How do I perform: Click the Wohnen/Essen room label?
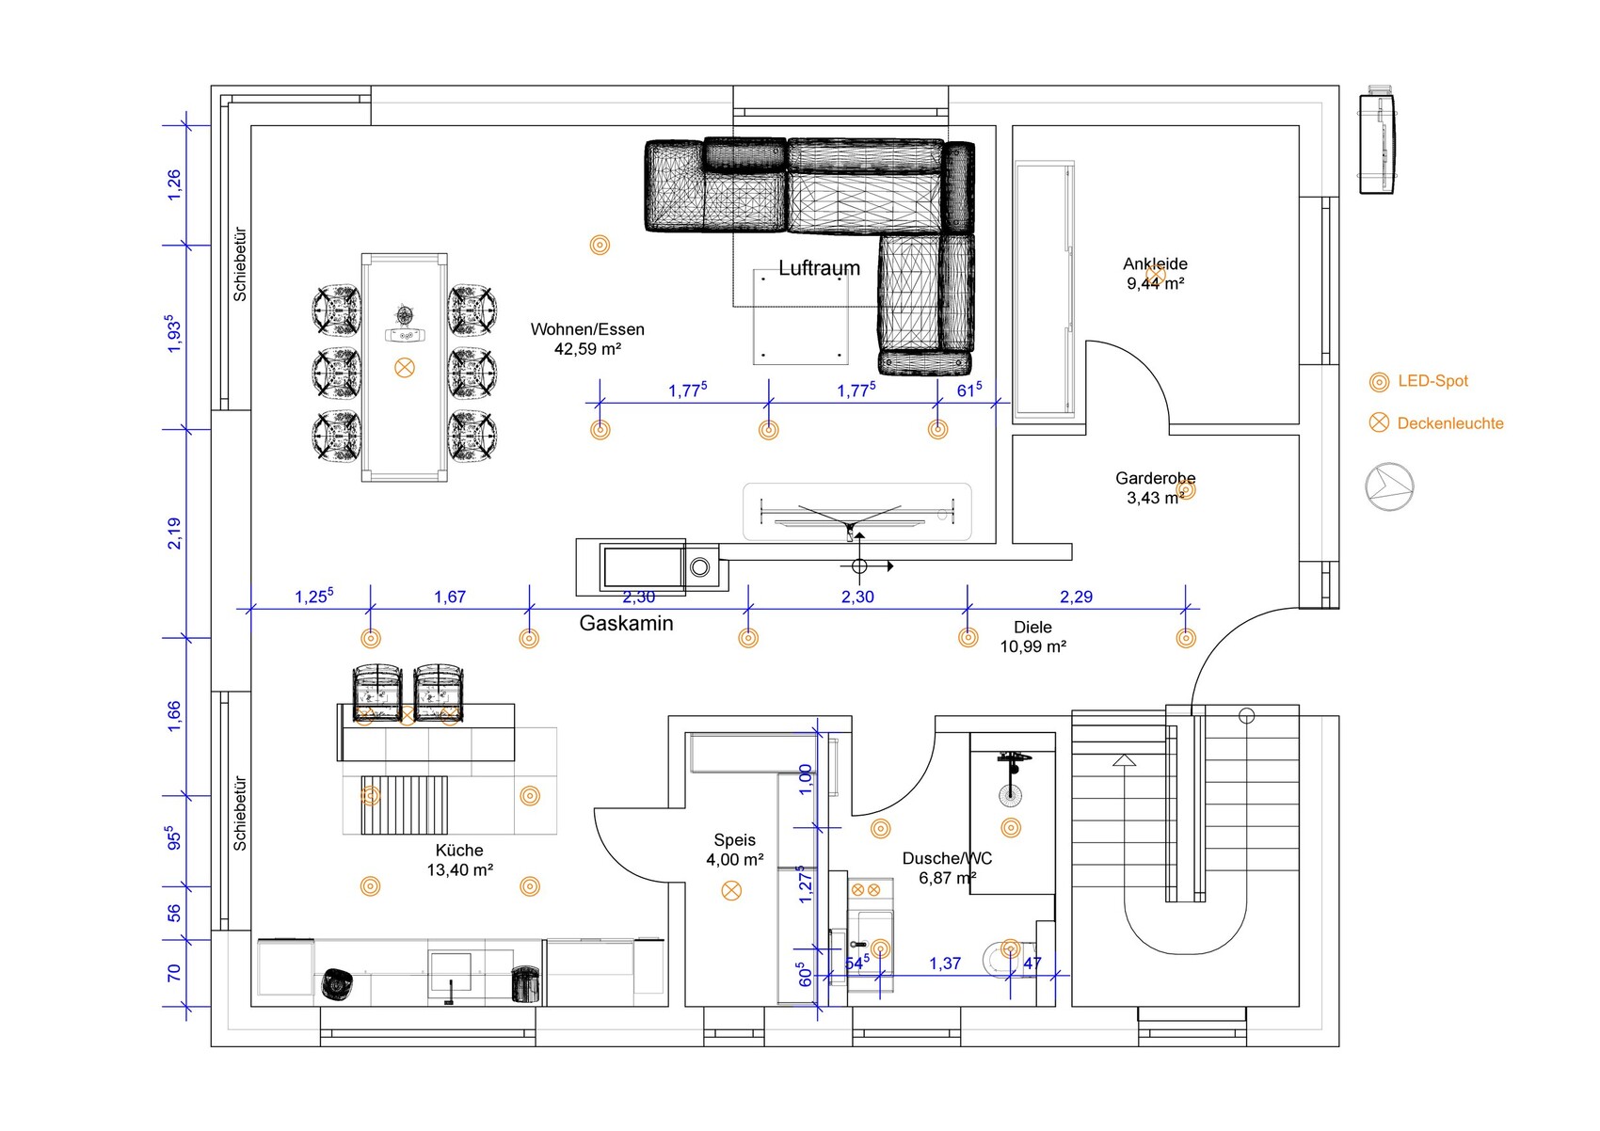[587, 339]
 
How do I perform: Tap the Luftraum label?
[819, 268]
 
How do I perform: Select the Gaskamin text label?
[626, 623]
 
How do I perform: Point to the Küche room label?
[459, 860]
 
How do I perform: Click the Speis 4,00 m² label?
[734, 850]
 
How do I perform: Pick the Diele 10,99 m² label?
[1032, 637]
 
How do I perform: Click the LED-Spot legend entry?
[1418, 381]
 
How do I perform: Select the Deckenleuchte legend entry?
[1436, 422]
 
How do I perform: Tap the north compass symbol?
[1389, 487]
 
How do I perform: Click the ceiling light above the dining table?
[405, 368]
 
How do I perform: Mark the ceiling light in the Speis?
[731, 890]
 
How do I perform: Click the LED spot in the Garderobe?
[1186, 490]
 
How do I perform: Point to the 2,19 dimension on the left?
[174, 534]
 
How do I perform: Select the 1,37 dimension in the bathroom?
[944, 964]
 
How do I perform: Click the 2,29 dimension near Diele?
[1076, 597]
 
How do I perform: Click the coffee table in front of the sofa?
[802, 316]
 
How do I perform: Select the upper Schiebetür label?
[240, 264]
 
